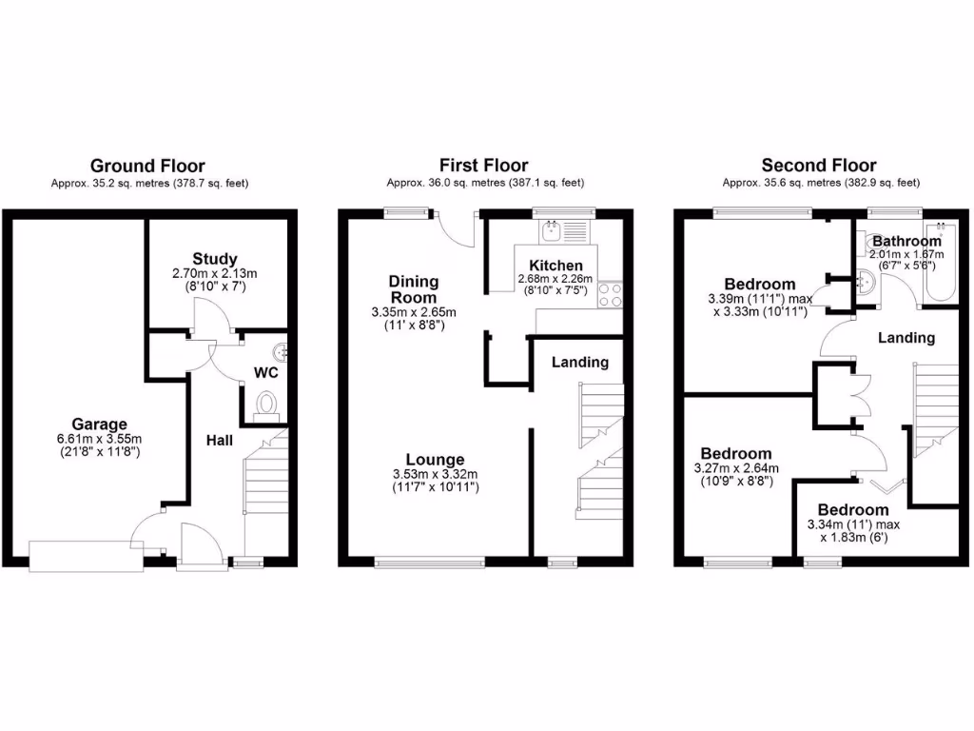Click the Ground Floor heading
point(146,166)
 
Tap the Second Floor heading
point(819,166)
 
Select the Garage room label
point(99,424)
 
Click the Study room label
point(214,259)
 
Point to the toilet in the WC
point(266,405)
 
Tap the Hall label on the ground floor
point(222,441)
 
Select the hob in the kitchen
point(610,294)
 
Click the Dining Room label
point(414,289)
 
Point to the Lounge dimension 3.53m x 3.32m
point(436,475)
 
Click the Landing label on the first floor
point(580,362)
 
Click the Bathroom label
point(906,241)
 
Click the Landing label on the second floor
point(906,337)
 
